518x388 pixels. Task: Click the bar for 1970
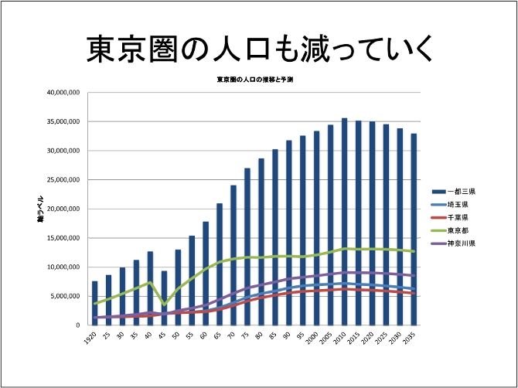[x=233, y=255]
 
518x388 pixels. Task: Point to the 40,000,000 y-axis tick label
[x=63, y=93]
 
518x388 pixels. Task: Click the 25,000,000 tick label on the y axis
[x=63, y=180]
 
